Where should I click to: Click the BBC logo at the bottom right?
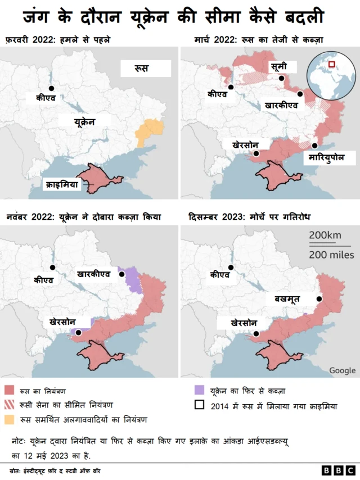337,470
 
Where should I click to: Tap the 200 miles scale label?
329,255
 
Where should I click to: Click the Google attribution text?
342,370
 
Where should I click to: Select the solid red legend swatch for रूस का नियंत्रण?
9,390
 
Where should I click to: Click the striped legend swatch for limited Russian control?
9,405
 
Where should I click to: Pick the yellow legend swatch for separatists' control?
9,419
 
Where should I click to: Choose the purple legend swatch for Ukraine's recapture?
198,390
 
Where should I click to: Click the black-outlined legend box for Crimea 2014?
198,405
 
